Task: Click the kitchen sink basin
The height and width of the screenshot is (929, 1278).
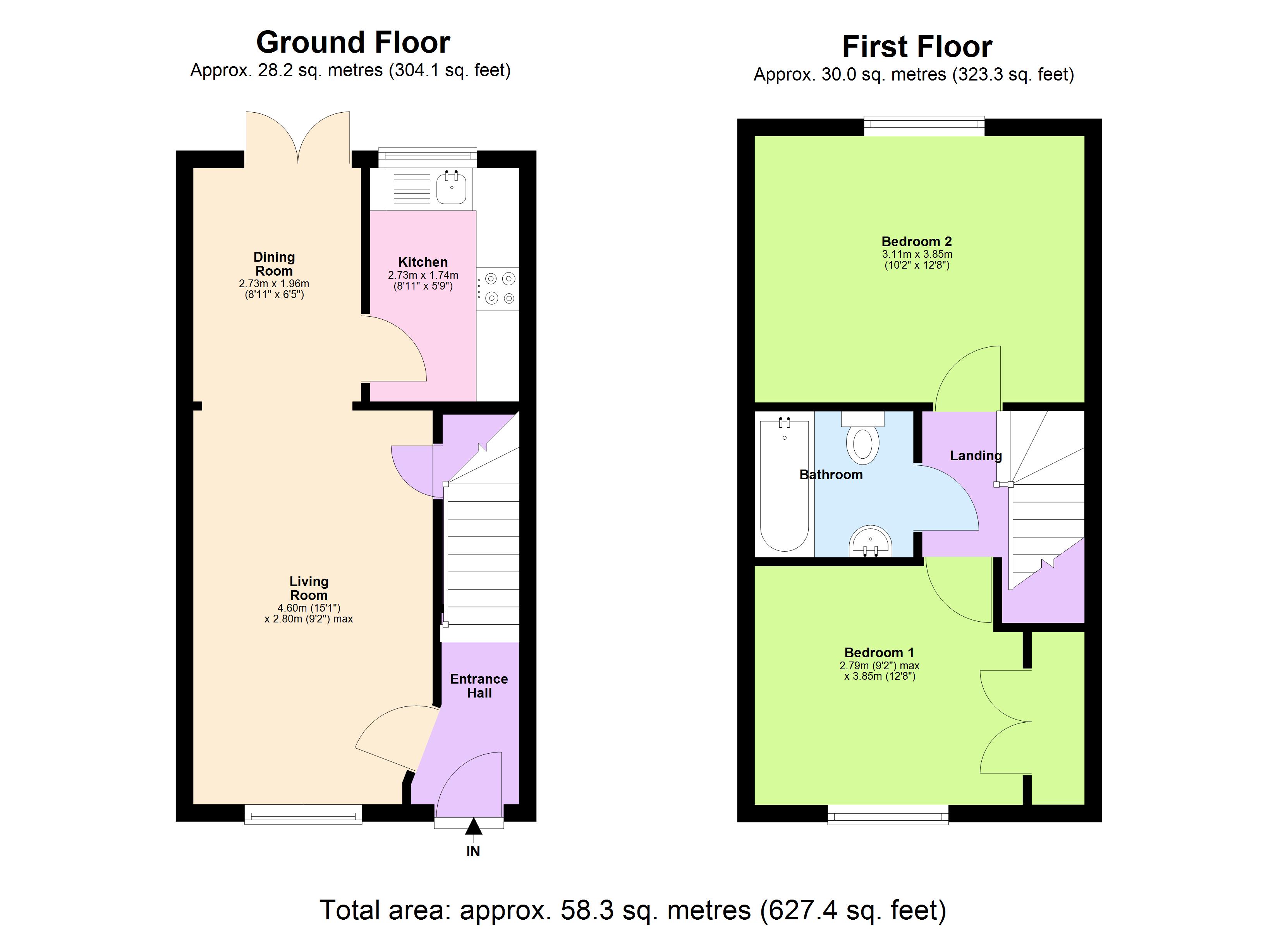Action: click(x=451, y=189)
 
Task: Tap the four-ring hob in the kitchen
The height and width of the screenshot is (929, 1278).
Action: click(x=498, y=288)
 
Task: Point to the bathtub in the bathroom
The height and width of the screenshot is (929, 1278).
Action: click(x=784, y=485)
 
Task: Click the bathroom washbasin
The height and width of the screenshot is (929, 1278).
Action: click(x=871, y=542)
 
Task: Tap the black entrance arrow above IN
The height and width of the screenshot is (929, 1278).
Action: click(x=473, y=827)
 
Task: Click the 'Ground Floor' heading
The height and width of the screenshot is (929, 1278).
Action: click(x=353, y=42)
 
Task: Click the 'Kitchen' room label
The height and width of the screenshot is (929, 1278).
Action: click(x=423, y=262)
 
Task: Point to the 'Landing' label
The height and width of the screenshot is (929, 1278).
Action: click(x=976, y=456)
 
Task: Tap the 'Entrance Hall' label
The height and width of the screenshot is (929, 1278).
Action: click(x=479, y=686)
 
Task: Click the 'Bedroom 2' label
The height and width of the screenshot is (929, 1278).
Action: click(x=916, y=242)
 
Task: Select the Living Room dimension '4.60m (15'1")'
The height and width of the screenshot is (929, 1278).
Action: click(x=309, y=608)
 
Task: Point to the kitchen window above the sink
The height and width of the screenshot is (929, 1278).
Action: click(x=427, y=158)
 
